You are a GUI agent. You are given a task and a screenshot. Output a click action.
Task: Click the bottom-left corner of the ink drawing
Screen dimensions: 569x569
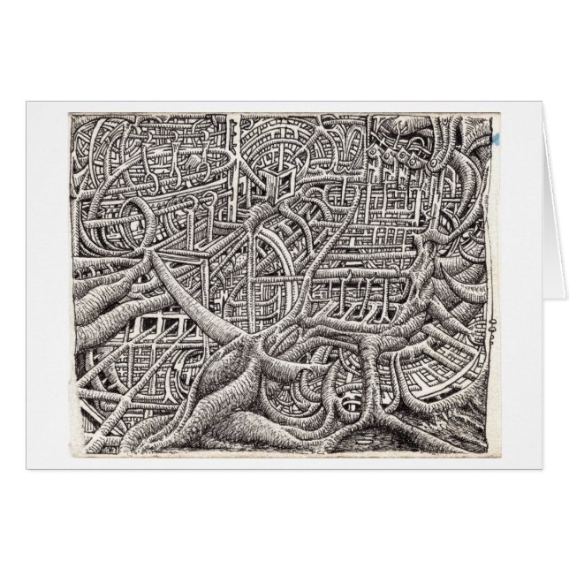click(x=70, y=454)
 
